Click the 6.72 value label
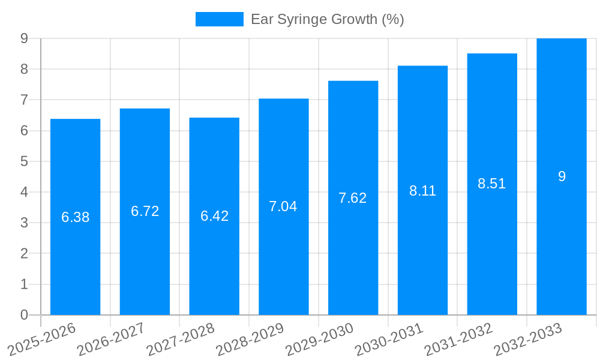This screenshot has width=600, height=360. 145,211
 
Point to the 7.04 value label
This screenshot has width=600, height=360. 283,206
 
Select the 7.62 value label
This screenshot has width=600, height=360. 353,198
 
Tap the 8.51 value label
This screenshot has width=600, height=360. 492,184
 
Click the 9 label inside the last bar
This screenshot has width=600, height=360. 562,176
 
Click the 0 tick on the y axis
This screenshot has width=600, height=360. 24,315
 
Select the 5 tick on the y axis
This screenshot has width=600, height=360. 24,161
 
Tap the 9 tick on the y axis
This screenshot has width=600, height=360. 24,38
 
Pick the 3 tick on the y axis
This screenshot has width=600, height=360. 24,223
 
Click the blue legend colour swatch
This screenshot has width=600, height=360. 220,19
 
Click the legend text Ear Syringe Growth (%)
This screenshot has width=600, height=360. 327,19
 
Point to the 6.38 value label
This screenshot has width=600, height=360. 75,217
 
